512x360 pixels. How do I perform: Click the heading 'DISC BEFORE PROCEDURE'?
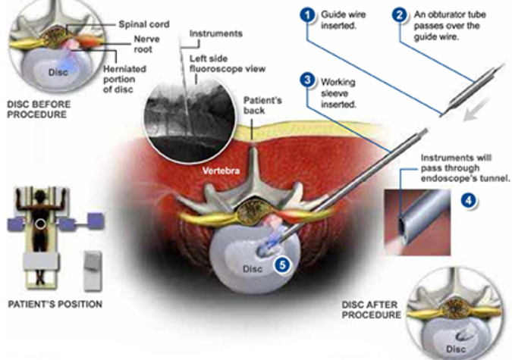[x=42, y=110]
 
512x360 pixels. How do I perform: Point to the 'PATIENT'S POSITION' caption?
[x=54, y=305]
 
